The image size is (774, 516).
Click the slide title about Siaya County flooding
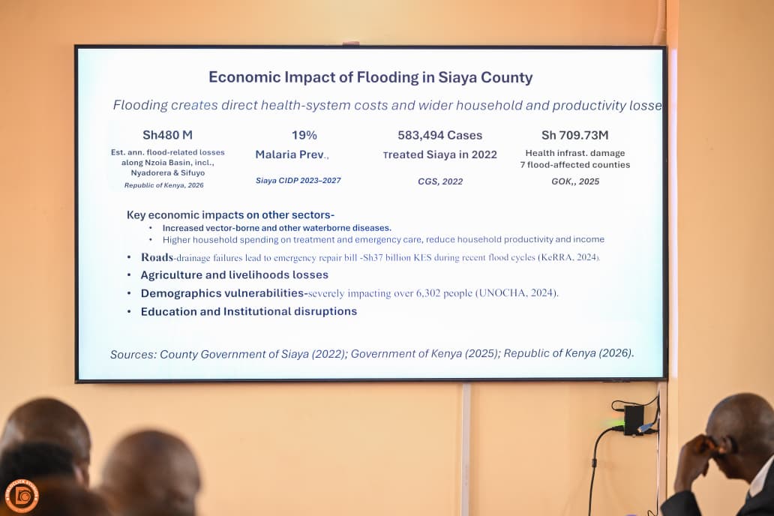pos(370,77)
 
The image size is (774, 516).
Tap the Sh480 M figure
pos(167,135)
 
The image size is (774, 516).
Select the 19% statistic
pos(304,135)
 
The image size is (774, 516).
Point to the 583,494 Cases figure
pos(439,135)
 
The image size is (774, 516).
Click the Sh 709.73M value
pos(575,135)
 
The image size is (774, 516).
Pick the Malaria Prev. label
pos(292,154)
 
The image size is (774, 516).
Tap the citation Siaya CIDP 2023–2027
pos(298,181)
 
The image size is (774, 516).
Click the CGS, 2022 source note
pos(440,181)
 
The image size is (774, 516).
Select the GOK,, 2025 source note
pos(575,181)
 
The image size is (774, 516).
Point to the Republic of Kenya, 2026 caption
pos(164,185)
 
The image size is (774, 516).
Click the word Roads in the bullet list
pos(157,257)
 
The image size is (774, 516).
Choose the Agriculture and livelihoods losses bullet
pos(235,275)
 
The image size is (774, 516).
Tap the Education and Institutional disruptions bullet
pos(249,311)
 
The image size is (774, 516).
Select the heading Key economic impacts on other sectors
pos(230,214)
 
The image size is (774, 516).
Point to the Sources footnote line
pos(372,353)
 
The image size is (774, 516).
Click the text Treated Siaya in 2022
pos(439,154)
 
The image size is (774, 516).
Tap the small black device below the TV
pos(634,420)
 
